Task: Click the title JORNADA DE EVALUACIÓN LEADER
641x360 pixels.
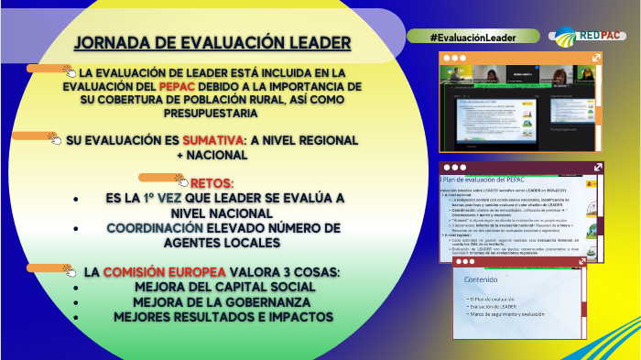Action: pos(211,44)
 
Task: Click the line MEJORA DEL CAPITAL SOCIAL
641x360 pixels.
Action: pos(212,287)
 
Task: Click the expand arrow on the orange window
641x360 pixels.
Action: pos(596,57)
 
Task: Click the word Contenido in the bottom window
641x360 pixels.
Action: pos(482,279)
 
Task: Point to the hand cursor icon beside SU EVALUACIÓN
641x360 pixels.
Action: pos(57,140)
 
